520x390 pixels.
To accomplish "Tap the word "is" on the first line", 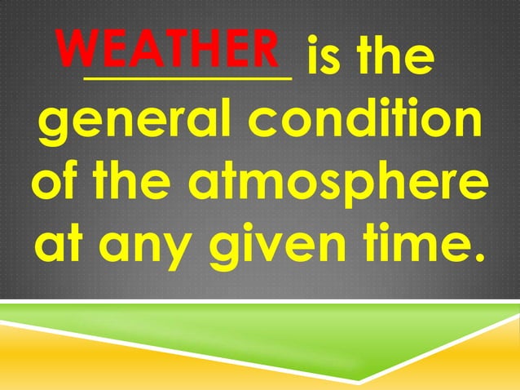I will [x=321, y=57].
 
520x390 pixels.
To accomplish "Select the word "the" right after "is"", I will [x=390, y=57].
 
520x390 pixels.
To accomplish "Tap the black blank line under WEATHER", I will [x=187, y=78].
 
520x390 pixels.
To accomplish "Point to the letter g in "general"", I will [x=53, y=126].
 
